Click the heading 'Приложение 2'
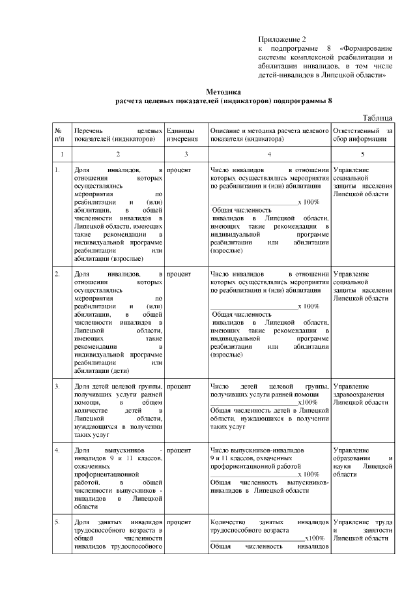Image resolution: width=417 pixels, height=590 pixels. (277, 40)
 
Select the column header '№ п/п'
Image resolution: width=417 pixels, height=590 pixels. (60, 134)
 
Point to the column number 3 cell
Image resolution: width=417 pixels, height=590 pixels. (185, 154)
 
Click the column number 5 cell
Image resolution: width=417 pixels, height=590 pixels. (362, 154)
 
